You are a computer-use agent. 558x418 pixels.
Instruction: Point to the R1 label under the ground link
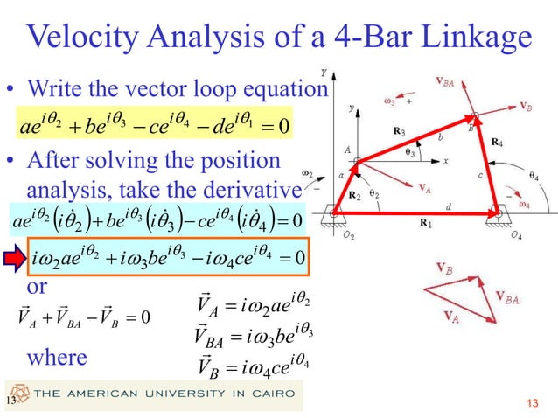[426, 224]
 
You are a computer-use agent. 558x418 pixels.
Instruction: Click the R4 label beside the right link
[497, 141]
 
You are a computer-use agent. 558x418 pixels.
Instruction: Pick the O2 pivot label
[349, 235]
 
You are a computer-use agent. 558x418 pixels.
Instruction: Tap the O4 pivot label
[516, 235]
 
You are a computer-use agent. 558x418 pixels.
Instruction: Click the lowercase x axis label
[444, 161]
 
